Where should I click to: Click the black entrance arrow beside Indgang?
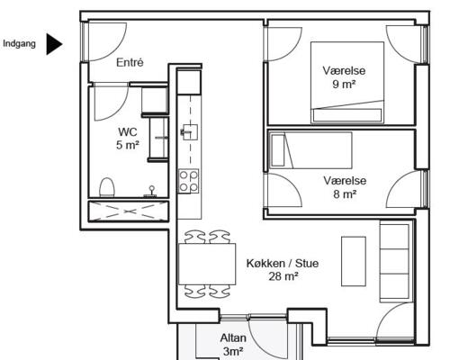click(x=53, y=44)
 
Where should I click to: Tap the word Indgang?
click(x=19, y=44)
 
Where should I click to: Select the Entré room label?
click(x=130, y=62)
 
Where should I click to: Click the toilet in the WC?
click(x=107, y=187)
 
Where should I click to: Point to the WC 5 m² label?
click(x=128, y=139)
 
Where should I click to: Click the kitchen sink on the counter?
click(x=189, y=132)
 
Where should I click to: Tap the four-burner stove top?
click(x=188, y=181)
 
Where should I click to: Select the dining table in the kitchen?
click(x=207, y=264)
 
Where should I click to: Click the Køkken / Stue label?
click(x=283, y=263)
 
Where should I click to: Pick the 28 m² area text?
click(x=283, y=276)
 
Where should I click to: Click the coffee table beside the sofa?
click(x=354, y=261)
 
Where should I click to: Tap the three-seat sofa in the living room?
click(x=395, y=261)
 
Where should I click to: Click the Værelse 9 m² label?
click(x=344, y=77)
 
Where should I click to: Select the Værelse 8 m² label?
click(x=345, y=187)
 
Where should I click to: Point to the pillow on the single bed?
click(x=278, y=150)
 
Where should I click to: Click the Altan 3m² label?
click(x=233, y=345)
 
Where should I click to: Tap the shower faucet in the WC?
click(x=152, y=192)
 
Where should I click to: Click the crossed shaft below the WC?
click(x=129, y=211)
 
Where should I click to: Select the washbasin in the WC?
click(x=159, y=138)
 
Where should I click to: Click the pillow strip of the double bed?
click(x=347, y=115)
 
